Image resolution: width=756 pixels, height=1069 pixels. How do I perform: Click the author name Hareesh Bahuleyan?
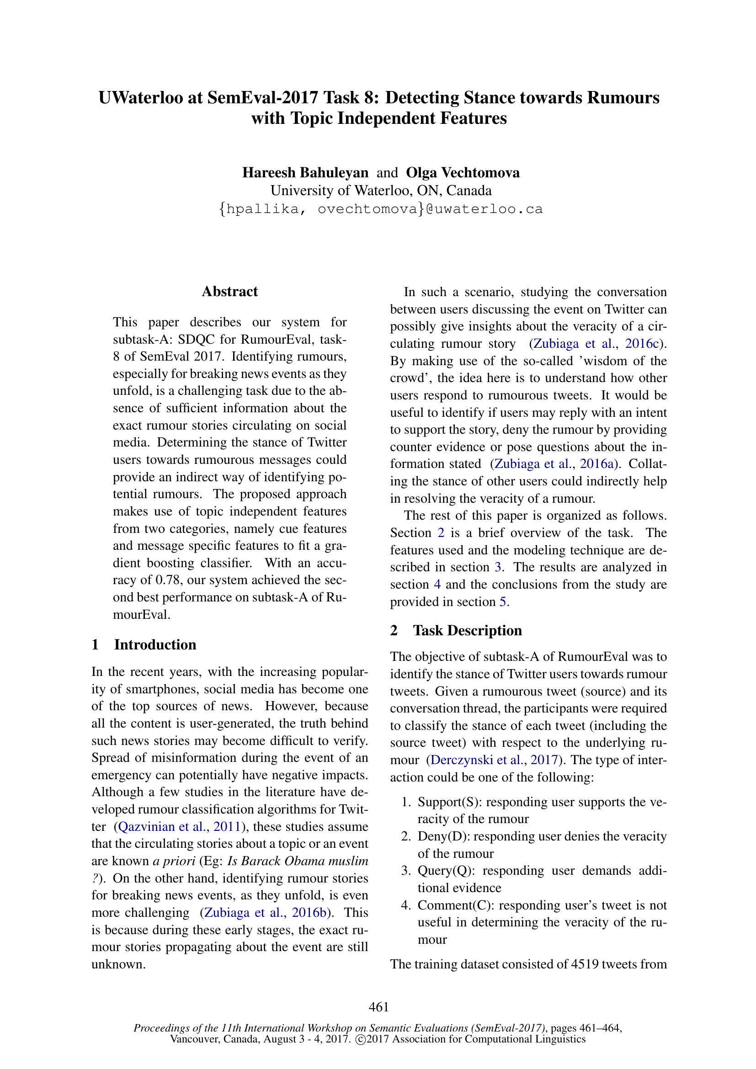305,173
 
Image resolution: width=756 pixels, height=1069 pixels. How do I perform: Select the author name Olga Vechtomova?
463,173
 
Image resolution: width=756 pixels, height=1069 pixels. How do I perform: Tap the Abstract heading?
229,292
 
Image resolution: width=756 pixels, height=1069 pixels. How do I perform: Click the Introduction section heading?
155,644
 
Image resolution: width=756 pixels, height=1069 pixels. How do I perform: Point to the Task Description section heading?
467,630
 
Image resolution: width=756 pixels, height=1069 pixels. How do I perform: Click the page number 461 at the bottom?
378,1006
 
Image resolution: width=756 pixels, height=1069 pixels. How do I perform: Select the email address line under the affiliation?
381,209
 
